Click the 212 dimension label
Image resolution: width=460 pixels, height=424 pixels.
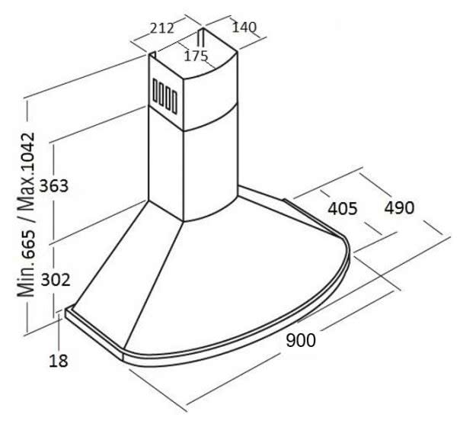pyautogui.click(x=162, y=28)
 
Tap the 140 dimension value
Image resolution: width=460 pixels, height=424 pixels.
pyautogui.click(x=244, y=27)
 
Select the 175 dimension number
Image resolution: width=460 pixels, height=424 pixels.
pyautogui.click(x=196, y=56)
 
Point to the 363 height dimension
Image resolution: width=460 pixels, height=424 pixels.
pyautogui.click(x=53, y=186)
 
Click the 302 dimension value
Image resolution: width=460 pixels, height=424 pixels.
pyautogui.click(x=56, y=280)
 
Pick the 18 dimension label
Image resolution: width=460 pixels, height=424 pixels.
pyautogui.click(x=58, y=361)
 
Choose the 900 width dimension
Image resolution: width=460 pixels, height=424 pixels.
pyautogui.click(x=301, y=341)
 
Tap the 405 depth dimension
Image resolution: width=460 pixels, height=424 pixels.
pyautogui.click(x=343, y=209)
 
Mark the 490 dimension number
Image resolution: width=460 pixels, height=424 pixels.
pyautogui.click(x=399, y=207)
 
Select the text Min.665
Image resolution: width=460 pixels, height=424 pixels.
pyautogui.click(x=27, y=264)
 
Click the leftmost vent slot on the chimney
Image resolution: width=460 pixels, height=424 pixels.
pyautogui.click(x=155, y=91)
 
